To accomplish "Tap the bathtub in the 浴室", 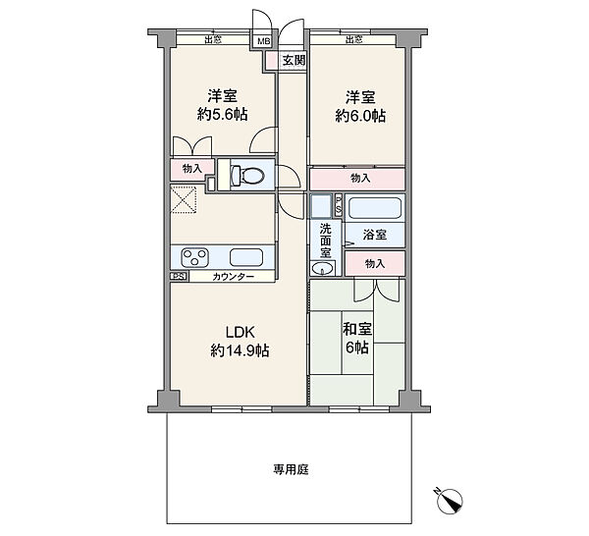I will [375, 209].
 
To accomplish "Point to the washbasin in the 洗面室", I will [320, 269].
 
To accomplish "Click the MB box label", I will [263, 41].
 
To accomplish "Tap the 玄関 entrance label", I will [293, 60].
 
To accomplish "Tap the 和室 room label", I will [355, 329].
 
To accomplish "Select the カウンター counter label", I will [233, 278].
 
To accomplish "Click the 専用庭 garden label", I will [292, 470].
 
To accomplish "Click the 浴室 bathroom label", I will [375, 236].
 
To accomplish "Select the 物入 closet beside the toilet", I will [190, 169].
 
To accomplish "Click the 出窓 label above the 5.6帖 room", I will [211, 40].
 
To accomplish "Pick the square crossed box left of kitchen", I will [184, 200].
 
